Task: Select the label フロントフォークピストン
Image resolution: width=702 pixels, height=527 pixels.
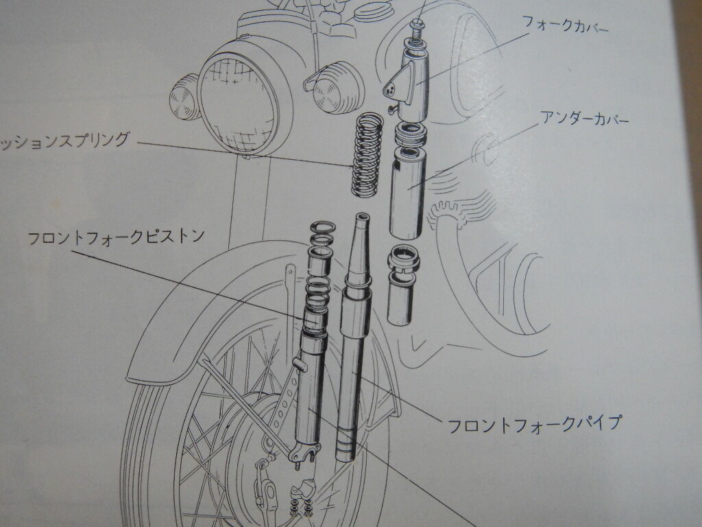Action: (x=116, y=238)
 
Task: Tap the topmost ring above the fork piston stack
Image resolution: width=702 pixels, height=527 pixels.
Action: (x=322, y=226)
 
